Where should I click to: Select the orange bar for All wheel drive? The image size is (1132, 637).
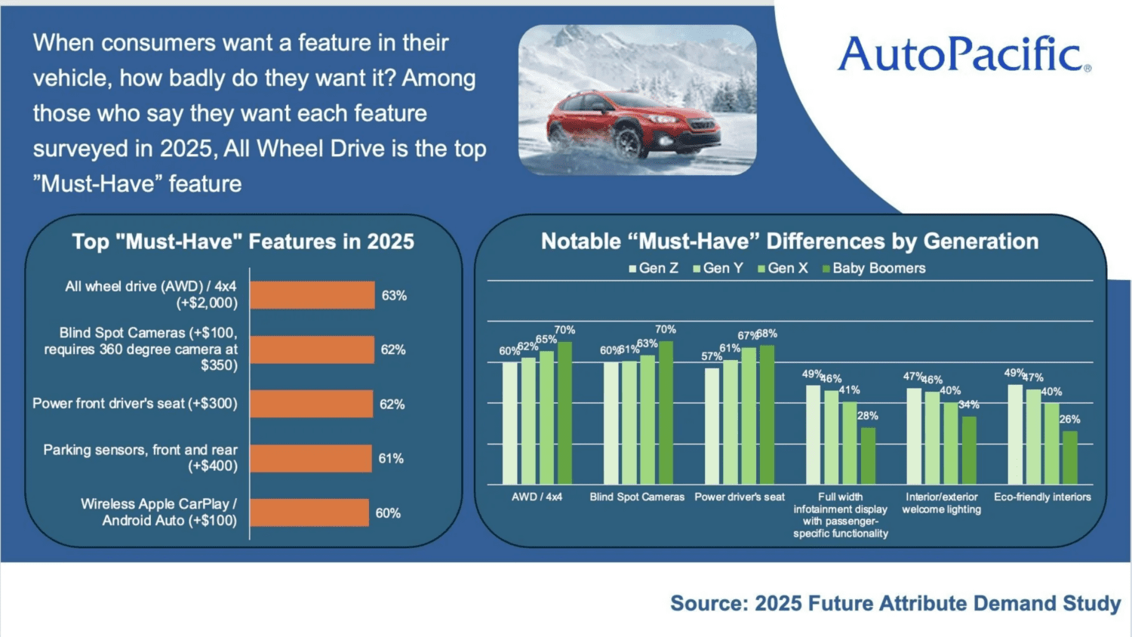pyautogui.click(x=312, y=295)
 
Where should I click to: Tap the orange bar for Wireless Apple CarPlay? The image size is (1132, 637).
pyautogui.click(x=309, y=512)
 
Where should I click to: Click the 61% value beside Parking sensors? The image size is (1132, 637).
pyautogui.click(x=391, y=458)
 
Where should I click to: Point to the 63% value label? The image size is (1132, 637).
pyautogui.click(x=394, y=295)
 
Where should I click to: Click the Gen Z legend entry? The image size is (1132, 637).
pyautogui.click(x=654, y=268)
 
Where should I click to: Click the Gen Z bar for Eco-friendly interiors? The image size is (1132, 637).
pyautogui.click(x=1015, y=435)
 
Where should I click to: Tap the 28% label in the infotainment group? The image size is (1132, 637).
pyautogui.click(x=867, y=416)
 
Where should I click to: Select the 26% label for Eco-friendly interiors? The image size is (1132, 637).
pyautogui.click(x=1069, y=420)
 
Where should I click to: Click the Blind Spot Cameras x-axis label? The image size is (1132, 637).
pyautogui.click(x=637, y=497)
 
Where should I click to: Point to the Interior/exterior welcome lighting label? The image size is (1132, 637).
pyautogui.click(x=941, y=503)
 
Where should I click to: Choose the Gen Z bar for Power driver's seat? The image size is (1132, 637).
pyautogui.click(x=712, y=426)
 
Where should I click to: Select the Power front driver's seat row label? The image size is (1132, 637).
pyautogui.click(x=134, y=404)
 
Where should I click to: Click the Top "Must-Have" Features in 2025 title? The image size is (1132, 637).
pyautogui.click(x=243, y=242)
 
